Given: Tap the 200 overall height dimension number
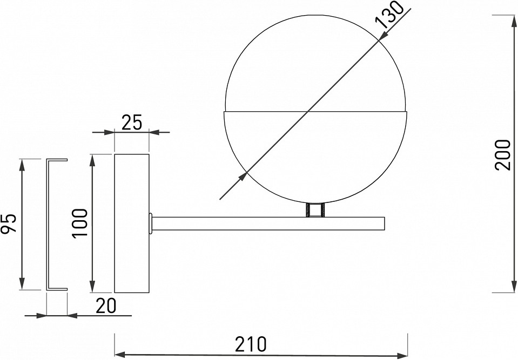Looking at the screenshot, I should pyautogui.click(x=502, y=155).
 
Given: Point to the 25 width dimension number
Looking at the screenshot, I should pyautogui.click(x=131, y=123).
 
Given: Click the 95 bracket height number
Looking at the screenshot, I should pyautogui.click(x=9, y=223).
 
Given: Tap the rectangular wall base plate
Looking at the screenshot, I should pyautogui.click(x=131, y=223).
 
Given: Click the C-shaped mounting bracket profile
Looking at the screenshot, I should pyautogui.click(x=48, y=223).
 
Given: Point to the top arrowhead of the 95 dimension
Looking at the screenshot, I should pyautogui.click(x=22, y=165).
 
